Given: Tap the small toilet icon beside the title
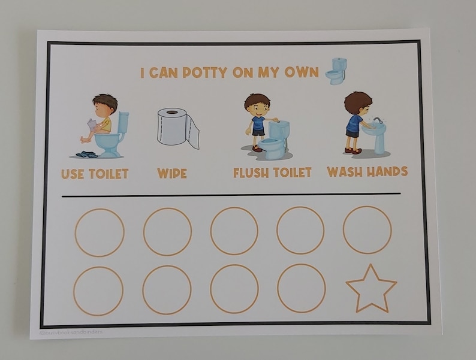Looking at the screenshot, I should point(336,71).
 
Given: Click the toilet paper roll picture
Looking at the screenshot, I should point(177,128).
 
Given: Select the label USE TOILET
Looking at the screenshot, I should point(95,174).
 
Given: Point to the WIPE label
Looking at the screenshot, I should point(172,174).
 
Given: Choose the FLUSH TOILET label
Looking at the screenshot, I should point(272,173).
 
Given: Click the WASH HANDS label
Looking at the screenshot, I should point(367,172).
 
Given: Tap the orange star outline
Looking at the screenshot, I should point(371,289).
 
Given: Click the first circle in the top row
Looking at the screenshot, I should point(100,232).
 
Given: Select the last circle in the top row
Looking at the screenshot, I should point(367,229).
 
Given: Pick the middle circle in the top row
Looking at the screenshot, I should point(234,231).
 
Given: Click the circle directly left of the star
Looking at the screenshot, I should point(302,288).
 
